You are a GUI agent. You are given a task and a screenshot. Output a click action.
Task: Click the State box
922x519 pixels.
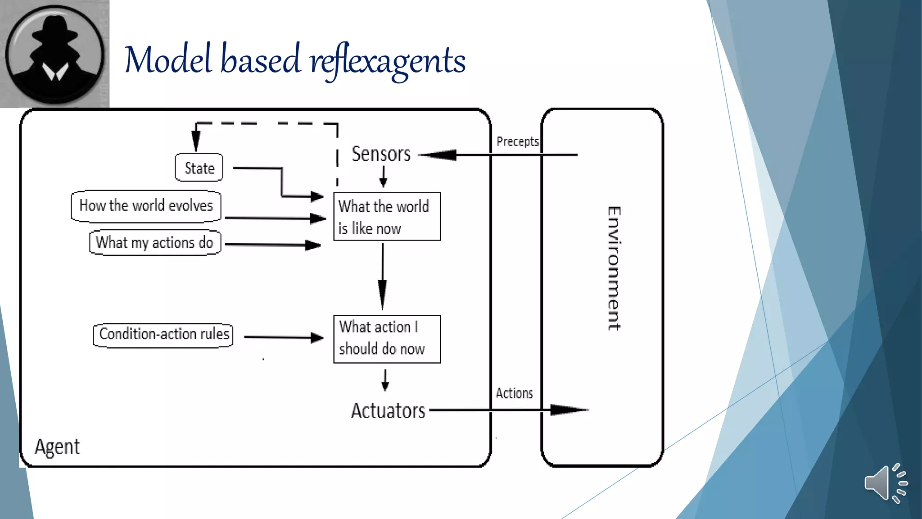pyautogui.click(x=199, y=168)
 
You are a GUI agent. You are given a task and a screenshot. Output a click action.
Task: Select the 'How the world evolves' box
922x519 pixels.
pyautogui.click(x=146, y=206)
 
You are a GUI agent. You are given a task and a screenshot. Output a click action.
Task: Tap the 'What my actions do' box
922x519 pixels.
pyautogui.click(x=155, y=242)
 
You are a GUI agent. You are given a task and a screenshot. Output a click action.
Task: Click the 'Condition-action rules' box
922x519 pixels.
pyautogui.click(x=163, y=335)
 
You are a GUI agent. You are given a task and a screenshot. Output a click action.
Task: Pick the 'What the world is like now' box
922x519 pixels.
pyautogui.click(x=386, y=217)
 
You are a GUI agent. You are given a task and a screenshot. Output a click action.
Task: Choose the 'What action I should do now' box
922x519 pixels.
pyautogui.click(x=386, y=339)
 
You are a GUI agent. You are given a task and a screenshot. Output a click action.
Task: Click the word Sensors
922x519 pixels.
pyautogui.click(x=381, y=154)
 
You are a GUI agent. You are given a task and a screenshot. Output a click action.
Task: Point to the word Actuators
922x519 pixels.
pyautogui.click(x=388, y=410)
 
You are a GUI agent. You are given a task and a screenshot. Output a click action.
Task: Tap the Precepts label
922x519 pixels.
pyautogui.click(x=517, y=141)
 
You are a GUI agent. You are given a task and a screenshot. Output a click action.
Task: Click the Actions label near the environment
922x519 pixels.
pyautogui.click(x=514, y=393)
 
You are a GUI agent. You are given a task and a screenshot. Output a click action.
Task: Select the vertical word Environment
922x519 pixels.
pyautogui.click(x=614, y=269)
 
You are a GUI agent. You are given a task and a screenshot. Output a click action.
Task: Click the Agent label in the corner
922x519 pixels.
pyautogui.click(x=57, y=447)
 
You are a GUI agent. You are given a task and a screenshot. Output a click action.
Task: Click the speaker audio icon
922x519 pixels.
pyautogui.click(x=885, y=483)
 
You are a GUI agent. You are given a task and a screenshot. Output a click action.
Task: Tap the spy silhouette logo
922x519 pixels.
pyautogui.click(x=54, y=54)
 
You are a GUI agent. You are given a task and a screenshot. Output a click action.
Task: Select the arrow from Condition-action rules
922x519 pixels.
pyautogui.click(x=284, y=337)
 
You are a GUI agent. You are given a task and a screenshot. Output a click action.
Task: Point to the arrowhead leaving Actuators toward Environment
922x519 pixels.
pyautogui.click(x=568, y=410)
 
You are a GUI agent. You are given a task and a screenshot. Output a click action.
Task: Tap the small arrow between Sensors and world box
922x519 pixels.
pyautogui.click(x=383, y=177)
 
